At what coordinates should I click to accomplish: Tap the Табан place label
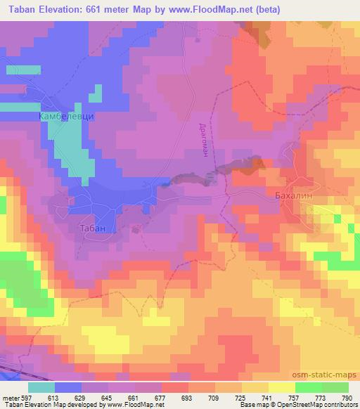coord(91,228)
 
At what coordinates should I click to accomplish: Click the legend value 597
coord(25,397)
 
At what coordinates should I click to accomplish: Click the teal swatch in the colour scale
coord(41,387)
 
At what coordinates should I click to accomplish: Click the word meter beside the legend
coord(11,397)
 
